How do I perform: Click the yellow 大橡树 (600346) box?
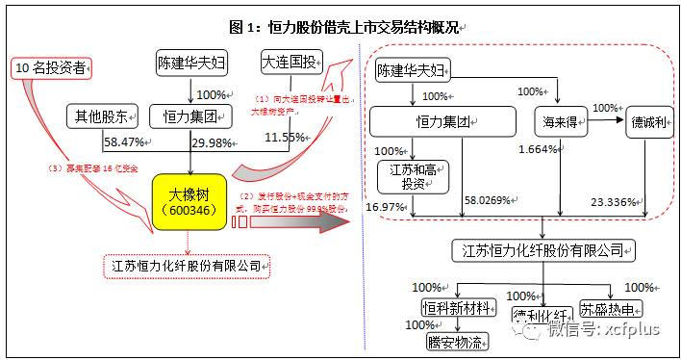click(x=190, y=200)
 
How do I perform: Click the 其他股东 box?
click(x=99, y=117)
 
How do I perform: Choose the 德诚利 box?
click(x=650, y=126)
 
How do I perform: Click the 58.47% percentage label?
click(x=126, y=142)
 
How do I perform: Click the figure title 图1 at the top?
click(x=340, y=26)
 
